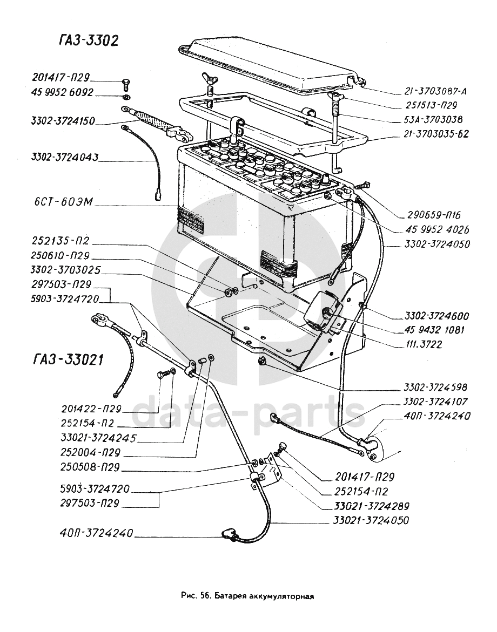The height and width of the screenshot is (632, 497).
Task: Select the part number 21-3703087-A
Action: (x=434, y=91)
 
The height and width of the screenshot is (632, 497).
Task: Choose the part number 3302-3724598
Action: (x=435, y=387)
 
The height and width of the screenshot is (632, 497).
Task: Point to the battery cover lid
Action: (x=270, y=62)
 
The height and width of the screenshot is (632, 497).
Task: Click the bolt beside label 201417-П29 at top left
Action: (x=126, y=83)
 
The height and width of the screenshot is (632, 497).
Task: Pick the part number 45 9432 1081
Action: (x=433, y=330)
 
